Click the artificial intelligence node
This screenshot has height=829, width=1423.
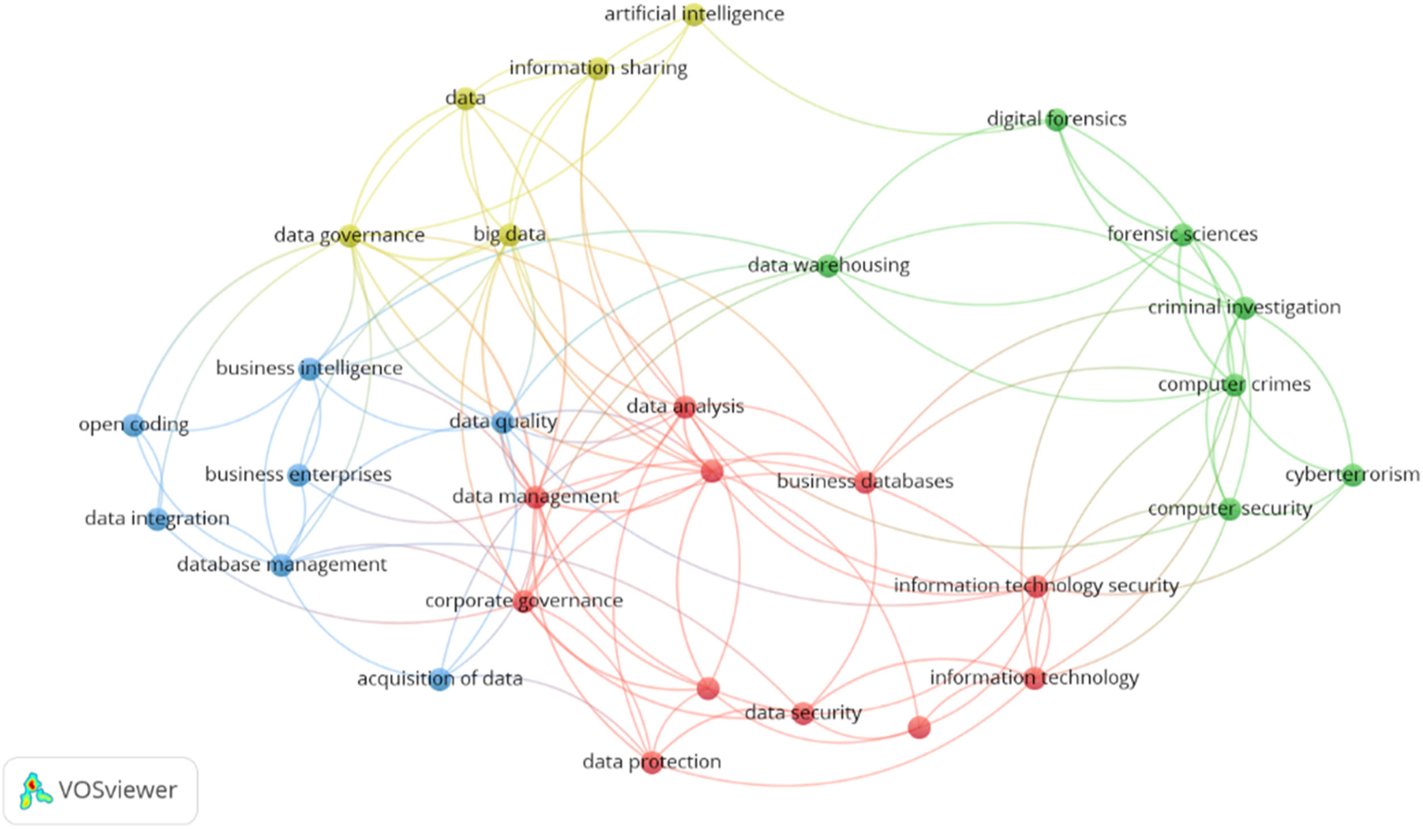point(693,14)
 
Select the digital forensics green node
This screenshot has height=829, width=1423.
point(1056,119)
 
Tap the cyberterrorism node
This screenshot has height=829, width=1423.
point(1353,475)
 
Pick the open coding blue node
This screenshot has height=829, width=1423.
point(133,425)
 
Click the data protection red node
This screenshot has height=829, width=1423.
point(652,762)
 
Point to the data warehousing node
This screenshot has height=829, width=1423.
point(828,266)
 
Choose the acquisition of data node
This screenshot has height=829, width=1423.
point(439,679)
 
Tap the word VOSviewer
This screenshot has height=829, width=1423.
point(118,790)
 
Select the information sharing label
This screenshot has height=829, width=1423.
point(598,68)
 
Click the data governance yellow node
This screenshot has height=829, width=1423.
point(349,235)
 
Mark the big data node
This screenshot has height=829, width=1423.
point(509,234)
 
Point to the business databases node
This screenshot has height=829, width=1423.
point(865,482)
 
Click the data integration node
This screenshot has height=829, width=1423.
point(157,519)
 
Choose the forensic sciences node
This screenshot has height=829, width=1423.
point(1183,234)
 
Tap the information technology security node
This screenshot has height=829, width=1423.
point(1036,586)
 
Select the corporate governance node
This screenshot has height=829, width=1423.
point(523,601)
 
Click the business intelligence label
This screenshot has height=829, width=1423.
point(309,369)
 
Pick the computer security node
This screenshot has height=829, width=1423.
point(1229,509)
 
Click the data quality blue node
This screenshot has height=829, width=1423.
point(503,422)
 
